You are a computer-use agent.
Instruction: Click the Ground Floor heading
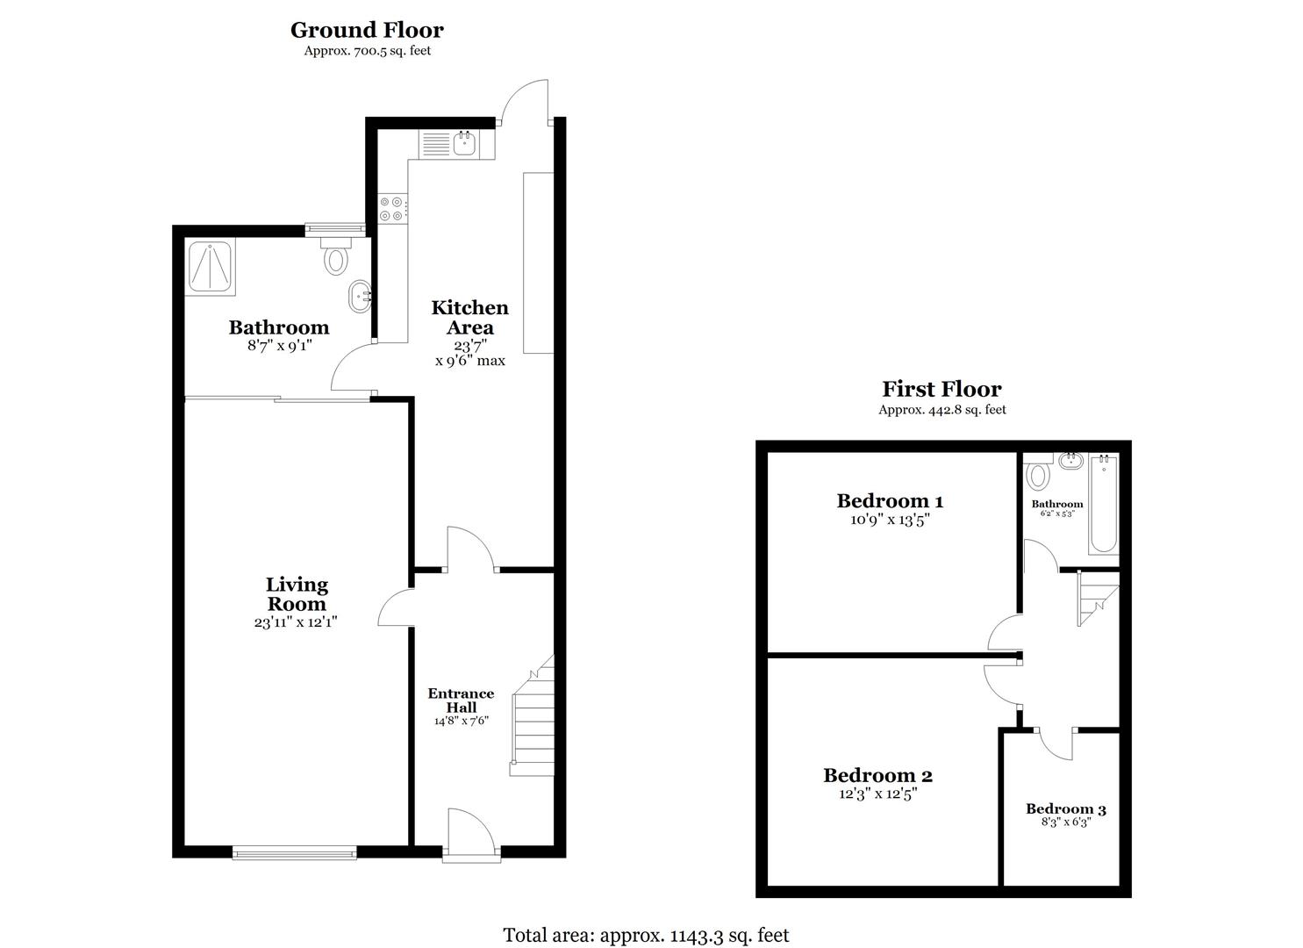coord(367,30)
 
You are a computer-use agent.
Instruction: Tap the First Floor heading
coord(941,389)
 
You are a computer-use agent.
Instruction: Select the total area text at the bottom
coord(646,935)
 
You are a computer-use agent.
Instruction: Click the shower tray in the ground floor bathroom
coord(211,266)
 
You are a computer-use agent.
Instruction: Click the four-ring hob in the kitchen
coord(391,208)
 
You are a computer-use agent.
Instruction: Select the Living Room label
coord(297,594)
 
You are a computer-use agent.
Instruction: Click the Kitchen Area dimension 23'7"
coord(470,346)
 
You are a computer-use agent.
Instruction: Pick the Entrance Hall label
coord(461,700)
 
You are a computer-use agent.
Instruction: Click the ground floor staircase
coord(533,720)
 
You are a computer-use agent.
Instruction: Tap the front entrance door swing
coord(469,830)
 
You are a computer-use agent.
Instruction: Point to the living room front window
coord(295,851)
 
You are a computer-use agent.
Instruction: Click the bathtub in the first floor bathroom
coord(1104,504)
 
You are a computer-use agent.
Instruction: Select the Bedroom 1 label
coord(890,501)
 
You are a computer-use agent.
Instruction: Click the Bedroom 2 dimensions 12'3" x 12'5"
coord(877,794)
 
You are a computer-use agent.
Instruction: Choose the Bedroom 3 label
coord(1060,809)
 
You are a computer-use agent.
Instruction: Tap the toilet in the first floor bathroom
coord(1039,475)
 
